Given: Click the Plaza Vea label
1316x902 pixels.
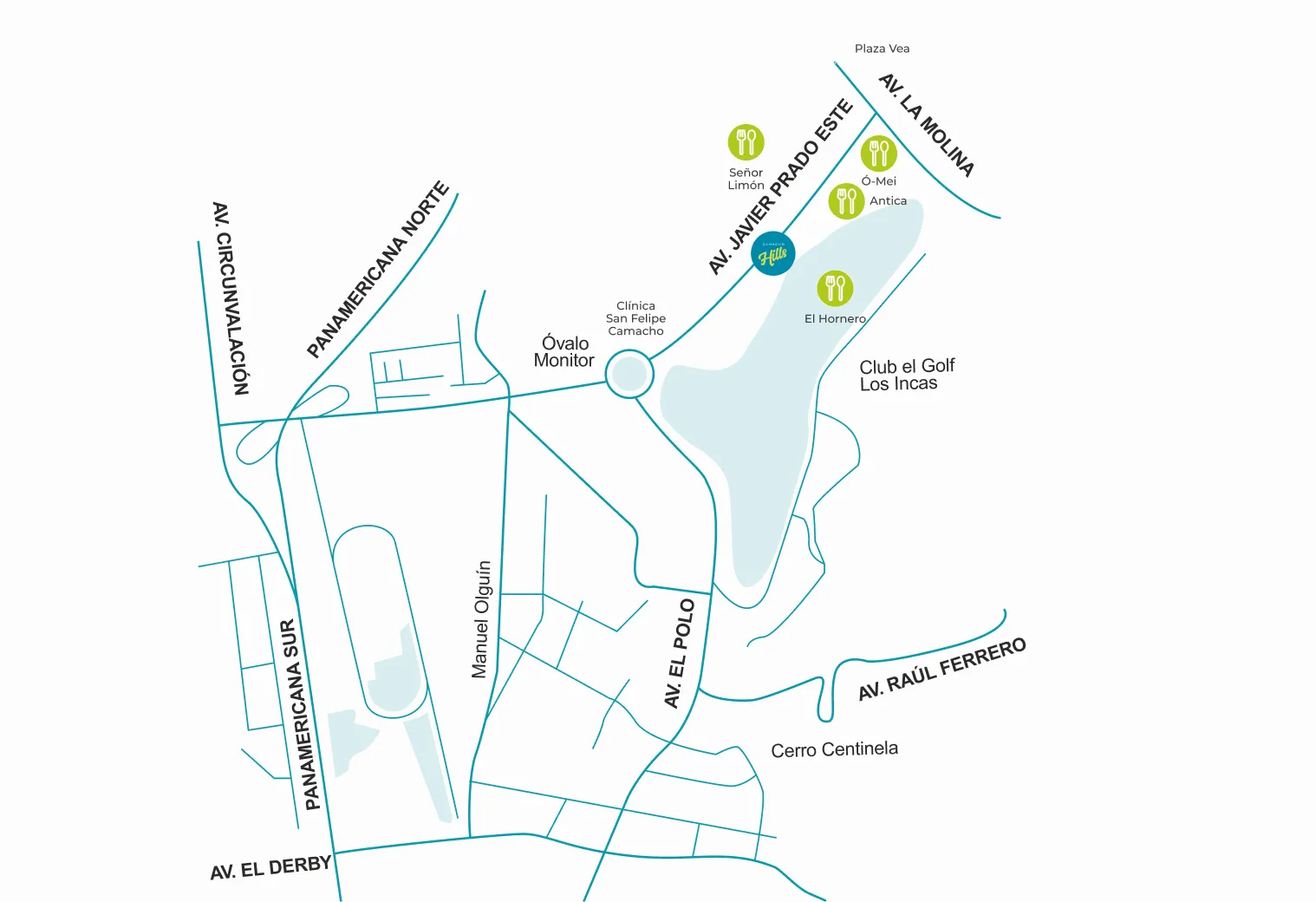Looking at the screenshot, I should click(x=882, y=49).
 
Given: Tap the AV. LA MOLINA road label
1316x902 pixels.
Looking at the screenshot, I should click(x=927, y=125).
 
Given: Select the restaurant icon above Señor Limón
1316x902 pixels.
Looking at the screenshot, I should click(x=746, y=142).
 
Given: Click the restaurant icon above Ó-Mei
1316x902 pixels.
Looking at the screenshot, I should click(x=878, y=154).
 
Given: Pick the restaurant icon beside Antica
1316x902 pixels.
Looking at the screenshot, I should click(x=846, y=201).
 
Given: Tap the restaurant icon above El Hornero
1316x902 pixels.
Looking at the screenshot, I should click(x=835, y=288).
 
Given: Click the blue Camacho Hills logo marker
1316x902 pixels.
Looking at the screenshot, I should click(x=772, y=253).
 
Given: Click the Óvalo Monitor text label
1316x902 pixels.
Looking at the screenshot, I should click(x=564, y=351).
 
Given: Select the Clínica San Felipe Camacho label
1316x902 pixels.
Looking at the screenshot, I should click(x=635, y=318).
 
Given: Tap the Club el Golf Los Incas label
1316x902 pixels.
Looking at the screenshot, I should click(x=906, y=375).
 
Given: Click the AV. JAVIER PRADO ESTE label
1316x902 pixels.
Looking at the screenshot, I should click(x=780, y=186).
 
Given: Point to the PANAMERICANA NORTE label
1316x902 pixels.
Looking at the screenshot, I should click(x=378, y=269).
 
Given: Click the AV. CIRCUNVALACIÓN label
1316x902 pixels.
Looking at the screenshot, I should click(x=231, y=298).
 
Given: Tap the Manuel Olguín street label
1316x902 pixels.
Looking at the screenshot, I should click(x=481, y=618).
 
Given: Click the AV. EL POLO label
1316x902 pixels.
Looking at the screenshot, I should click(x=680, y=653).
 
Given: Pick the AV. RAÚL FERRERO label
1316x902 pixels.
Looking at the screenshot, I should click(x=941, y=669).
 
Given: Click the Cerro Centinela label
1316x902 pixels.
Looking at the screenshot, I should click(x=834, y=749).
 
